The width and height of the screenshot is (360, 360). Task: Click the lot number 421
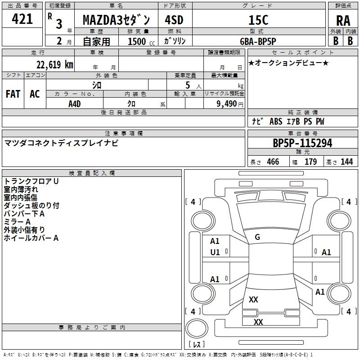tap(22, 19)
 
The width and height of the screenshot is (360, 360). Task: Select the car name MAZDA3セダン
tap(119, 20)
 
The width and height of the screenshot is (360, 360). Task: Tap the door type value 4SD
tap(175, 20)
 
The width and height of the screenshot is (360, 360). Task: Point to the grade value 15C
tap(258, 20)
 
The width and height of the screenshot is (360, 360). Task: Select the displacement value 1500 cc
tap(138, 41)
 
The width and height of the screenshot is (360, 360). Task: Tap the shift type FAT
tap(13, 94)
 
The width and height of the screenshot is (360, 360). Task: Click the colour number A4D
tap(75, 103)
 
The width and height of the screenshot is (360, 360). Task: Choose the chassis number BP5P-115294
tap(302, 143)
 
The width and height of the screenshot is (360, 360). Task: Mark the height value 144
tap(346, 162)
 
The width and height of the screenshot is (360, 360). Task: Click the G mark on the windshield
tap(257, 237)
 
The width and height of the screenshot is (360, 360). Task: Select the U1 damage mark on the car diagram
tap(215, 252)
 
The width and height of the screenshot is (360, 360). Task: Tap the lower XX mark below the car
tap(258, 322)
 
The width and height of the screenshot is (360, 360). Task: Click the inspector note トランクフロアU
tap(31, 181)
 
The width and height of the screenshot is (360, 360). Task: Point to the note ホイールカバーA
tap(31, 238)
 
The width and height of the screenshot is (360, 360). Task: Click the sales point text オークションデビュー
tap(288, 63)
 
